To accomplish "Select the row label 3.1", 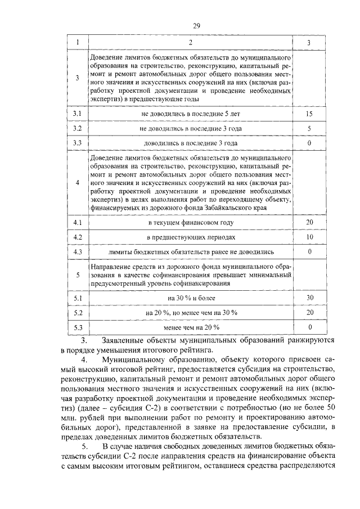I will tap(77, 114).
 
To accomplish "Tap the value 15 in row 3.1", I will tap(309, 114).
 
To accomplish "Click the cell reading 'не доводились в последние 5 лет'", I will tap(191, 114).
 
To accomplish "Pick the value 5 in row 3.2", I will tap(309, 128).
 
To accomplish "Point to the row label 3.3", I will tap(77, 143).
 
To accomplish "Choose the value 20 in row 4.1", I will tap(309, 223).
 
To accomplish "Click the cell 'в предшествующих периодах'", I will tap(191, 237).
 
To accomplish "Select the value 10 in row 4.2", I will tap(309, 237).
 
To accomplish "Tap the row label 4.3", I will tap(77, 252).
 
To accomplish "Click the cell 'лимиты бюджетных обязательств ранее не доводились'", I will tap(191, 252).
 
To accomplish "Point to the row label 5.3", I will tap(77, 327).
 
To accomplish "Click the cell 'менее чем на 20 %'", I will tap(191, 327).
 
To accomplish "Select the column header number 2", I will tap(191, 43).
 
